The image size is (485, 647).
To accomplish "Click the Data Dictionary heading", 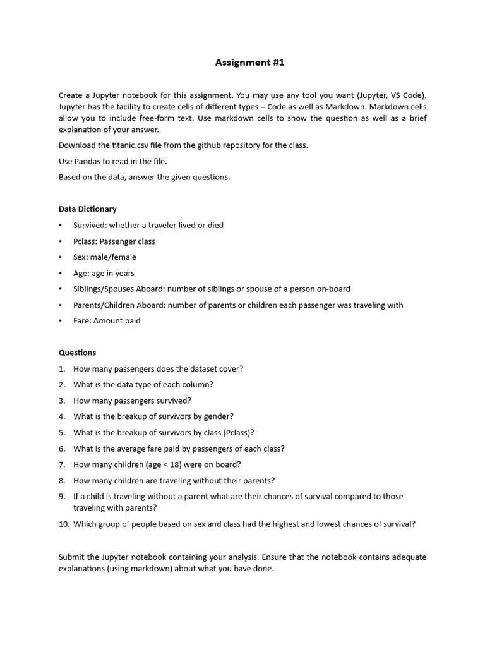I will tap(87, 209).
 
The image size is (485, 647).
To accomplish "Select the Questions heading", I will tap(77, 353).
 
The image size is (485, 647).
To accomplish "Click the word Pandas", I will tap(88, 161).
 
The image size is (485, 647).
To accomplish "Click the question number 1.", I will tap(62, 369).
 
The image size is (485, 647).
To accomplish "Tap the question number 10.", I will tap(64, 524).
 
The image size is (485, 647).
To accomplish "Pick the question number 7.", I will tap(62, 464).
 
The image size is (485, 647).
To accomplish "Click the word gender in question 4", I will tap(219, 416).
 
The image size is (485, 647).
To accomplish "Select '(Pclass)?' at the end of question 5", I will tap(239, 433).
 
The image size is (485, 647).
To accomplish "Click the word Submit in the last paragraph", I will tap(71, 557).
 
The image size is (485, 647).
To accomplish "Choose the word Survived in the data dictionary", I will tap(89, 226).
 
